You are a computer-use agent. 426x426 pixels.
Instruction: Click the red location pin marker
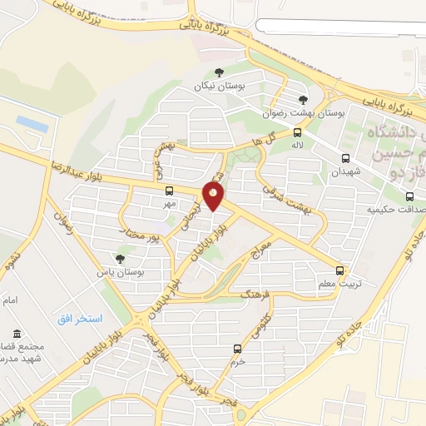(x=214, y=196)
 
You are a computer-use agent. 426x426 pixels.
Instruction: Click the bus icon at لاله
(x=298, y=131)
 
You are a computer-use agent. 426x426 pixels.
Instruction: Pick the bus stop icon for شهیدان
(x=345, y=158)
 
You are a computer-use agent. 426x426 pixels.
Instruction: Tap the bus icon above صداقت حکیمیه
(x=409, y=197)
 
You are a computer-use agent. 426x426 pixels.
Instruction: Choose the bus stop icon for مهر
(x=169, y=191)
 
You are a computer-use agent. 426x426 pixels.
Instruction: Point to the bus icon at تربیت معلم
(x=339, y=270)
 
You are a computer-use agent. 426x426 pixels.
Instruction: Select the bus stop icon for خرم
(x=238, y=349)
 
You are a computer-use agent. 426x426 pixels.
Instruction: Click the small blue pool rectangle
(x=32, y=123)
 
